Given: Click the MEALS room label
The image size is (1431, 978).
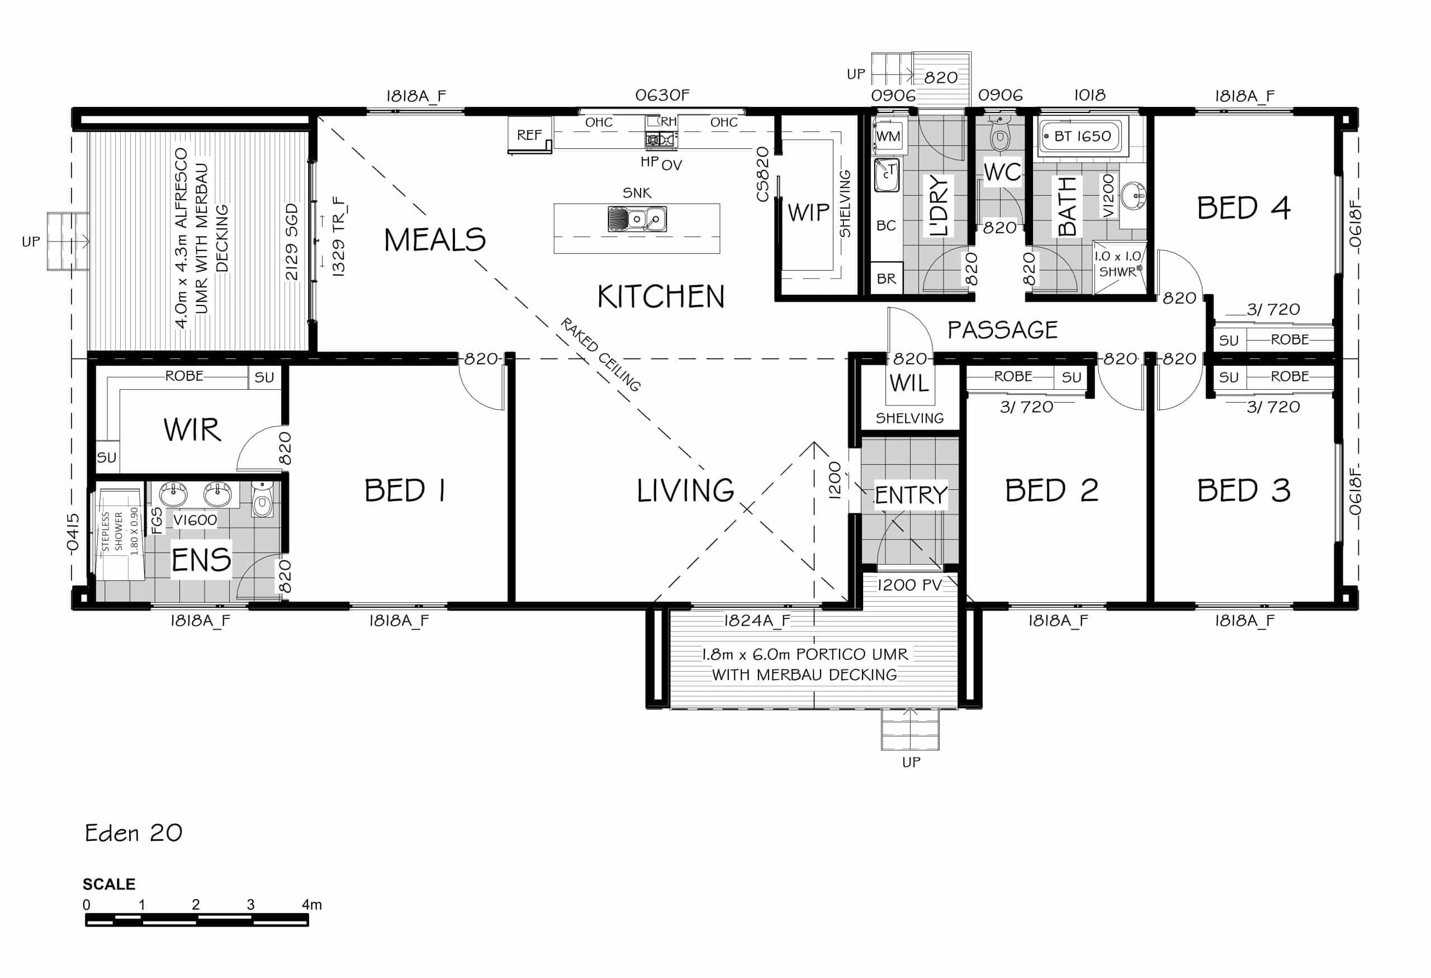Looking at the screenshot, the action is (x=435, y=239).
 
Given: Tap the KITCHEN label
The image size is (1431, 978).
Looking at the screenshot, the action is (x=661, y=296).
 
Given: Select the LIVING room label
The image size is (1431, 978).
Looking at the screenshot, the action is (x=685, y=491).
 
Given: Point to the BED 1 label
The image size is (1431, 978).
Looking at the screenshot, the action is (x=405, y=491).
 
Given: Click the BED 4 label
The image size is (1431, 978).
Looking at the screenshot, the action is (x=1243, y=207).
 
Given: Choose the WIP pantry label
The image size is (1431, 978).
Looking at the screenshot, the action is (x=808, y=212).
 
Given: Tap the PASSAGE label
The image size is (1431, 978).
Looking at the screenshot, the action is (x=1002, y=330).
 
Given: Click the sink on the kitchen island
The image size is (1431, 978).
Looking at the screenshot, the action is (x=637, y=219).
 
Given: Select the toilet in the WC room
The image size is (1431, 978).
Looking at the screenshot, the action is (x=1000, y=135).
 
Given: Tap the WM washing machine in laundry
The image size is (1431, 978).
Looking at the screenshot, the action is (x=888, y=135).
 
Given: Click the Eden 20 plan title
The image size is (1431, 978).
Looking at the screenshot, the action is (x=134, y=833).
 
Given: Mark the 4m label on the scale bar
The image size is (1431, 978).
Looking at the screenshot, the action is (x=311, y=905).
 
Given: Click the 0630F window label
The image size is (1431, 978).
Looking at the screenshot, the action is (x=662, y=95).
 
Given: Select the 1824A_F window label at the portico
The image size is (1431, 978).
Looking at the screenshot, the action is (x=757, y=620).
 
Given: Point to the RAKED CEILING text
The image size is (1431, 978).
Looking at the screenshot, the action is (x=600, y=354).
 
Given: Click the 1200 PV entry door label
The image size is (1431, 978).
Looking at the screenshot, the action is (x=909, y=584).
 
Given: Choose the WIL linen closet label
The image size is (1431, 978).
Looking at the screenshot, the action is (x=909, y=383).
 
